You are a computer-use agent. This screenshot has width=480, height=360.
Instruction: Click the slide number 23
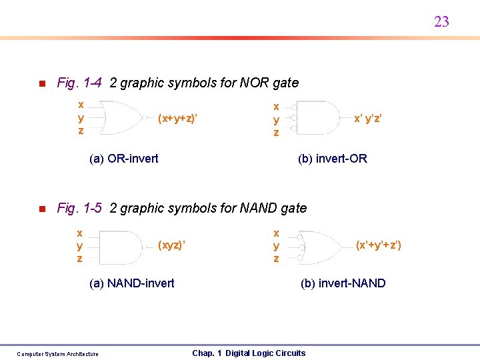tap(441, 22)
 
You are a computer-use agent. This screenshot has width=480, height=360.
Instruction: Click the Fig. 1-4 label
tap(79, 83)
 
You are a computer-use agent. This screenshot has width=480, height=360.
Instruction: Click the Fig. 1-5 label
tap(79, 208)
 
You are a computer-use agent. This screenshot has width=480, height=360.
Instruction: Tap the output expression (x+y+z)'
tap(179, 119)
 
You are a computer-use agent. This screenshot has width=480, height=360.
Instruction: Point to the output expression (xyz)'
tap(171, 245)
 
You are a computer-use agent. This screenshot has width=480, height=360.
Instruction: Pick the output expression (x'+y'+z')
tap(379, 245)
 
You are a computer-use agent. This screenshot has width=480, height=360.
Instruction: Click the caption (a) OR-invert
tap(123, 159)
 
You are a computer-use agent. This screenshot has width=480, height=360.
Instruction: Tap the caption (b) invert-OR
tap(332, 159)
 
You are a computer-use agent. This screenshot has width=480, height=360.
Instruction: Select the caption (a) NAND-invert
tap(131, 283)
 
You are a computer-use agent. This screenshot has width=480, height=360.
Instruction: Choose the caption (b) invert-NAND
tap(343, 283)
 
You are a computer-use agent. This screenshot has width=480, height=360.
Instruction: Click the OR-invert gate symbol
tap(121, 118)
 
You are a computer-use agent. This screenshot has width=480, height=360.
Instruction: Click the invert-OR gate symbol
tap(319, 119)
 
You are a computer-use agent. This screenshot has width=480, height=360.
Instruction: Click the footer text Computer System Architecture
tap(57, 354)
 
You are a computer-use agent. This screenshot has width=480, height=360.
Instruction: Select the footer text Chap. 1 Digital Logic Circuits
tap(249, 353)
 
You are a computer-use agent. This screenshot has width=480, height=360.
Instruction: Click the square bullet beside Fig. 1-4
tap(41, 84)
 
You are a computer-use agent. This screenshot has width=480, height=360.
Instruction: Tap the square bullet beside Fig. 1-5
tap(41, 209)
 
